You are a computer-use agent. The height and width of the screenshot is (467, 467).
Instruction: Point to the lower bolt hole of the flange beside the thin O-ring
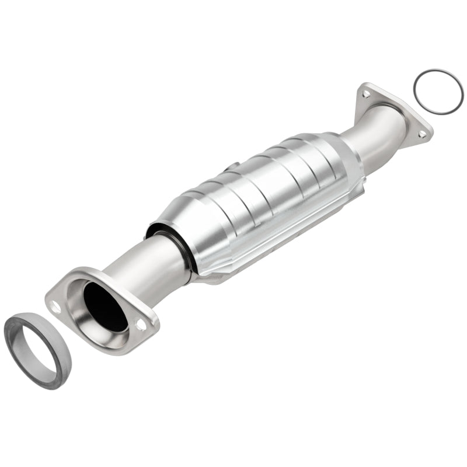coord(421,134)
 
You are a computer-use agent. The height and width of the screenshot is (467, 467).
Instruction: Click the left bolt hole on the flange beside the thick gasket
coord(56,305)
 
